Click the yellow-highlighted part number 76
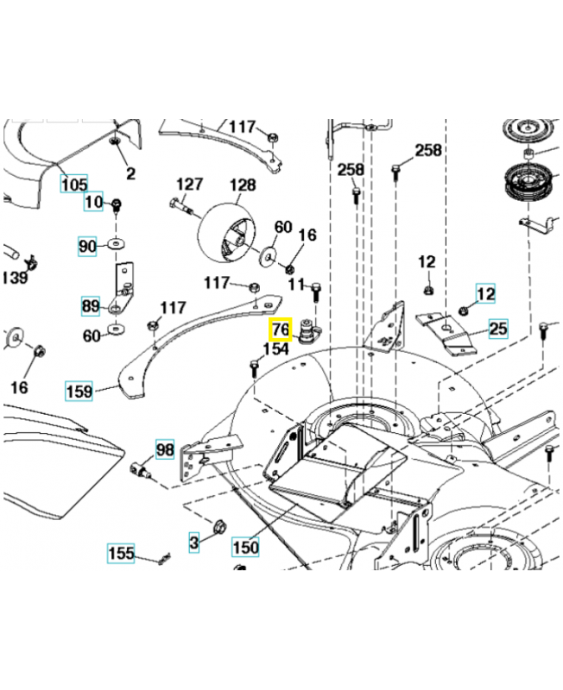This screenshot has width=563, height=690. point(281,329)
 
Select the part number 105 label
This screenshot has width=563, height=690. point(74,183)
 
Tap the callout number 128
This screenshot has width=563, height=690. point(243,185)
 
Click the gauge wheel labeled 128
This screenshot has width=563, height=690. point(226,233)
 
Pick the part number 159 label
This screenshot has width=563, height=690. point(79,391)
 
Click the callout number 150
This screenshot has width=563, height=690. point(245,547)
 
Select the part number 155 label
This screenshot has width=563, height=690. point(121,553)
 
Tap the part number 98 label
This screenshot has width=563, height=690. point(165,449)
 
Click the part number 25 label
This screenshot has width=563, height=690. point(498,329)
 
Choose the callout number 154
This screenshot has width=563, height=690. point(275,349)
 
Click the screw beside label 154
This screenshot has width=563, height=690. point(254,368)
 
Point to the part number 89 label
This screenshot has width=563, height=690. point(91,306)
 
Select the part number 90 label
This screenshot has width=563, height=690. point(87,246)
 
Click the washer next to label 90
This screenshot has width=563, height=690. point(116,243)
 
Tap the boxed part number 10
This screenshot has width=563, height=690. point(93,202)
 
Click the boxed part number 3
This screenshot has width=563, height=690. point(193,543)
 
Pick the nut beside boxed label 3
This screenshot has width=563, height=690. point(219,527)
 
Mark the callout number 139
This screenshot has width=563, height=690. point(15,278)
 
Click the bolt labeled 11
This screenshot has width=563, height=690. point(316,292)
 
